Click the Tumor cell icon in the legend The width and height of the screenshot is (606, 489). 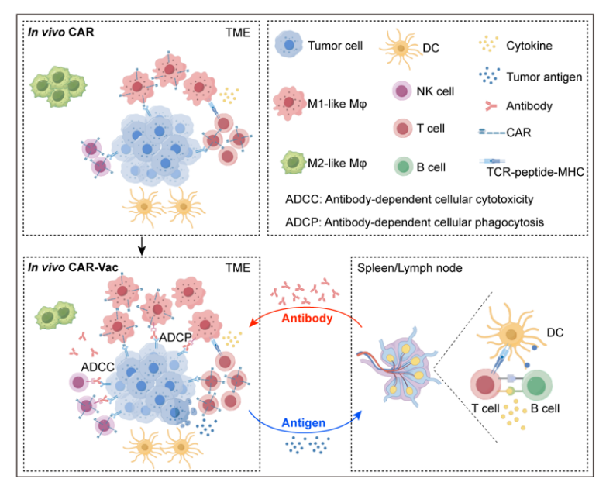pyautogui.click(x=289, y=45)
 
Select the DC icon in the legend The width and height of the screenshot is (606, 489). pyautogui.click(x=401, y=48)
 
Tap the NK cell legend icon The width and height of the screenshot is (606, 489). pyautogui.click(x=402, y=91)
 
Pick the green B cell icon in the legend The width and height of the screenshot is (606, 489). pyautogui.click(x=404, y=167)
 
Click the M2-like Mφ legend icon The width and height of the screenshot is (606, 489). pyautogui.click(x=294, y=163)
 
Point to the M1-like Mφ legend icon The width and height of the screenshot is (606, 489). pyautogui.click(x=289, y=103)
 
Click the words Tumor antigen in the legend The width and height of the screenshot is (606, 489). pyautogui.click(x=544, y=77)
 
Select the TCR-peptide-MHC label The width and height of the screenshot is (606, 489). pyautogui.click(x=535, y=171)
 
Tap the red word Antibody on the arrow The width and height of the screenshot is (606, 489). pyautogui.click(x=307, y=319)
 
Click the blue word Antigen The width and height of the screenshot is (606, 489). pyautogui.click(x=303, y=423)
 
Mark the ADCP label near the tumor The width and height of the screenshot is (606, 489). pyautogui.click(x=175, y=337)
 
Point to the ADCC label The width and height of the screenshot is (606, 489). pyautogui.click(x=98, y=367)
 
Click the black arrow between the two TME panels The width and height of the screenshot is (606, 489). pyautogui.click(x=142, y=246)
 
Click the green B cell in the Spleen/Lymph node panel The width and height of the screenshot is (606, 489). pyautogui.click(x=537, y=385)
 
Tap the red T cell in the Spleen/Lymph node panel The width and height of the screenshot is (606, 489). pyautogui.click(x=485, y=384)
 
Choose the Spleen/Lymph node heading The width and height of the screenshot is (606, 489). pyautogui.click(x=410, y=268)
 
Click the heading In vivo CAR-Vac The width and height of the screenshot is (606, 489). pyautogui.click(x=73, y=267)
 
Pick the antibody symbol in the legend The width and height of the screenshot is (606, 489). pyautogui.click(x=491, y=106)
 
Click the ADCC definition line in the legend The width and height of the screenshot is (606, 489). pyautogui.click(x=409, y=199)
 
